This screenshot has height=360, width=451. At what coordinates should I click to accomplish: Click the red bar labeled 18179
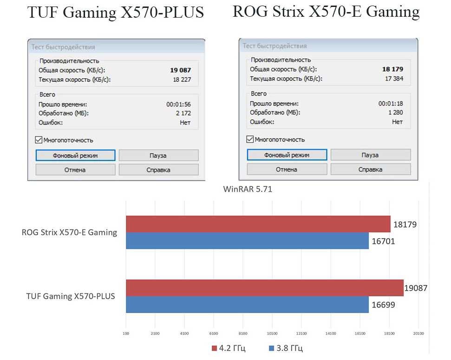click(258, 224)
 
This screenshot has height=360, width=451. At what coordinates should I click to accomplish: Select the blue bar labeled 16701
click(247, 241)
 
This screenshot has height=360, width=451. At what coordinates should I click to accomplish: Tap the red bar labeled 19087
click(264, 288)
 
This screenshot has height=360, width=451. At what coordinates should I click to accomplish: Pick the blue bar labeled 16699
click(247, 304)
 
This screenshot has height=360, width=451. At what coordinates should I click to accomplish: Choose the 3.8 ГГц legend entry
click(286, 348)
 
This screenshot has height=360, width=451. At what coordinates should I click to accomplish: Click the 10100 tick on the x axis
click(272, 333)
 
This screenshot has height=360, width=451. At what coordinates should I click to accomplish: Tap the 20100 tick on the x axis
click(418, 333)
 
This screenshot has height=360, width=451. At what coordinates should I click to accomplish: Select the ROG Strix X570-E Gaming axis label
click(69, 232)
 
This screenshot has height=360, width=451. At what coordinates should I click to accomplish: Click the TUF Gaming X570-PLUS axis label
click(70, 296)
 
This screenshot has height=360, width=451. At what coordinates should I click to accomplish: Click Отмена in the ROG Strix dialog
click(287, 169)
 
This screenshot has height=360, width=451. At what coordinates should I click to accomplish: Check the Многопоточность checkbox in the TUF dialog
click(39, 140)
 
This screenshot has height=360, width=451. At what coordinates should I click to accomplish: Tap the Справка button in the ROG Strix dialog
click(370, 169)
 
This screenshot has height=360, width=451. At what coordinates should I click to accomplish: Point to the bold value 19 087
click(181, 70)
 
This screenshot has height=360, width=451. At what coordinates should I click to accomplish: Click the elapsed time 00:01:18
click(391, 104)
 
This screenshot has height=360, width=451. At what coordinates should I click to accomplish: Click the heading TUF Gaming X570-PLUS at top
click(116, 13)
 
